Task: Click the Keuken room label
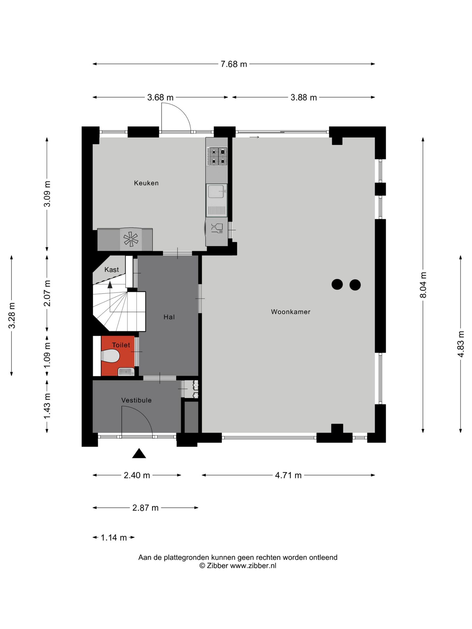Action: pyautogui.click(x=146, y=183)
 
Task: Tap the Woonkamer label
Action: pyautogui.click(x=290, y=312)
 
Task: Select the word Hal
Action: pyautogui.click(x=169, y=317)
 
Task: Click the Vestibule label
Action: pyautogui.click(x=136, y=400)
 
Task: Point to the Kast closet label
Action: pyautogui.click(x=111, y=270)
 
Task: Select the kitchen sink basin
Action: pyautogui.click(x=216, y=191)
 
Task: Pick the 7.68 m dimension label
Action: pyautogui.click(x=234, y=64)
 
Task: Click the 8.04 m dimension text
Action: pyautogui.click(x=423, y=285)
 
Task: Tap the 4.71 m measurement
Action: pyautogui.click(x=288, y=475)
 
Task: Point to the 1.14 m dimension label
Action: pyautogui.click(x=113, y=538)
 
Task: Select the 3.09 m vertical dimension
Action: pyautogui.click(x=47, y=194)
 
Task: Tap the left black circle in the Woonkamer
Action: pyautogui.click(x=337, y=284)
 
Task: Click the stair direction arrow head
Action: pyautogui.click(x=110, y=285)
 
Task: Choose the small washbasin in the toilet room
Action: pyautogui.click(x=126, y=372)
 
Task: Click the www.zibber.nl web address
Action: pyautogui.click(x=253, y=566)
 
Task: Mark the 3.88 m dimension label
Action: pyautogui.click(x=304, y=98)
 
